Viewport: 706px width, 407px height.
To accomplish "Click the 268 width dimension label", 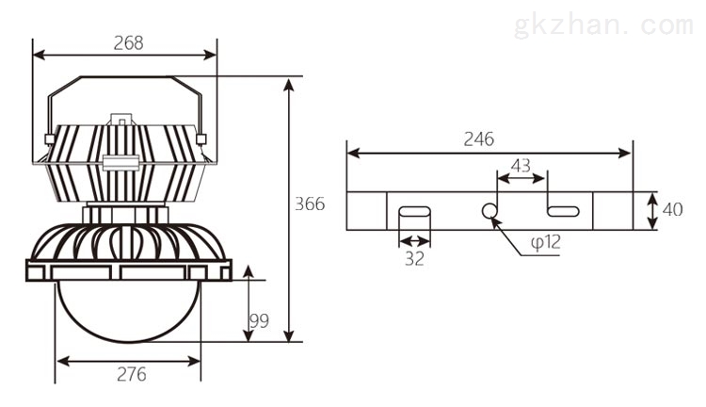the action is point(128,42).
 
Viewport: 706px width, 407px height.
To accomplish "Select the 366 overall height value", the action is point(310,204).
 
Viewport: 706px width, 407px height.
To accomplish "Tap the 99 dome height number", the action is point(259,321).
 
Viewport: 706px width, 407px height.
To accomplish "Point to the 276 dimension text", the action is point(132,374).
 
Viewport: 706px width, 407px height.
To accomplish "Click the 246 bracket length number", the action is point(479,139).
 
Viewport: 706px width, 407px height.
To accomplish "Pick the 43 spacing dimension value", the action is point(521,166).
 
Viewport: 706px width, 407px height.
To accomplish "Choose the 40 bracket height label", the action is point(673,209).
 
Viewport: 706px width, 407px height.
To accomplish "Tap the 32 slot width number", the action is point(414,259).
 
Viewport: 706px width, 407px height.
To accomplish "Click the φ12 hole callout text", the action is point(546,242).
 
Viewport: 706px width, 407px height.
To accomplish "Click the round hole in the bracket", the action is point(489,210).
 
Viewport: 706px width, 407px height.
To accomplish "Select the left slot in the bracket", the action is point(415,211).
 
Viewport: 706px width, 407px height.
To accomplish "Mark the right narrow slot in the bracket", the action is point(563,211).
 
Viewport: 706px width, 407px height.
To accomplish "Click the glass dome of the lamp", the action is point(128,311).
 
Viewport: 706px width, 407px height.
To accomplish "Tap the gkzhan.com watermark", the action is point(602,25).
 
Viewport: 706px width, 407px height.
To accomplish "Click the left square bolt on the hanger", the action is point(50,138).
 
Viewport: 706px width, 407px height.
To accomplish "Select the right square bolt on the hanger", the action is point(201,138).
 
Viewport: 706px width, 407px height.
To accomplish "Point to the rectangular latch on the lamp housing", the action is point(120,162).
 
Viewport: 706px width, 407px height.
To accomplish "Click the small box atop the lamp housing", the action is point(121,119).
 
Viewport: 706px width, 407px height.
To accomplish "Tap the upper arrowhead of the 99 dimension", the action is point(249,271).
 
